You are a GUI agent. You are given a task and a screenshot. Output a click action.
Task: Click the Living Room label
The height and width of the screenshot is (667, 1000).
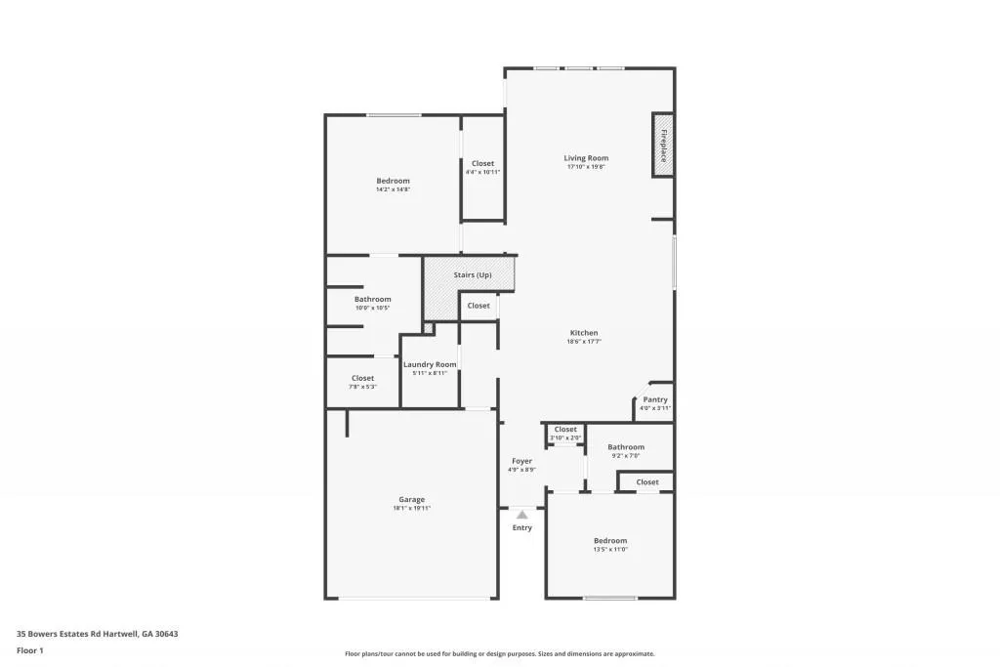click(586, 158)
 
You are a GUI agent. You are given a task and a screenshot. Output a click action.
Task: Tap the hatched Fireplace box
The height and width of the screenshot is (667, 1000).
click(663, 146)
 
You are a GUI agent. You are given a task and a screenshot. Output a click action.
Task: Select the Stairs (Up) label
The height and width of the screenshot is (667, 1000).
click(472, 275)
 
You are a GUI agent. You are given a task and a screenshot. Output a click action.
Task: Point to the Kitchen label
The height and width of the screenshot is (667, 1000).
click(584, 333)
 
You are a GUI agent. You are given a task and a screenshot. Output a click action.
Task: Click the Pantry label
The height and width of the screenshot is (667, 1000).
click(655, 399)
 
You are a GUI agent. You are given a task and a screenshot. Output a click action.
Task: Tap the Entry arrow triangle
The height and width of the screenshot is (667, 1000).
click(522, 514)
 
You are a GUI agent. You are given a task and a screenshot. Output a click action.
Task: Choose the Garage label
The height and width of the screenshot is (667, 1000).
click(411, 500)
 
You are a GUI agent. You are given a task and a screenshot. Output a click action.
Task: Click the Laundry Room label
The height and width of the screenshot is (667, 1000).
click(430, 364)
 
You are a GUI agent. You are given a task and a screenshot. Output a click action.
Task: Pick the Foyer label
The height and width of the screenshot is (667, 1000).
click(521, 461)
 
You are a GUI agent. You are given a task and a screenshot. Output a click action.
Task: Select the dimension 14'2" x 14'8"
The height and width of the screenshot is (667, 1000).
click(393, 189)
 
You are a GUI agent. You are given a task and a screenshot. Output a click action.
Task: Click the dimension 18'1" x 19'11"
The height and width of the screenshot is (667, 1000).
click(411, 509)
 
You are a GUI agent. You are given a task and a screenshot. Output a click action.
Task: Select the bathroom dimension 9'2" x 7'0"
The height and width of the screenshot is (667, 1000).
click(626, 456)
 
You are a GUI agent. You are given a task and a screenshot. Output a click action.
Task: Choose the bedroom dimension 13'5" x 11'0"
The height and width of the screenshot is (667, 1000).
click(610, 550)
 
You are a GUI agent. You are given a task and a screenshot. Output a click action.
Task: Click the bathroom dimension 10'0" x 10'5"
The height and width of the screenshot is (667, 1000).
click(372, 309)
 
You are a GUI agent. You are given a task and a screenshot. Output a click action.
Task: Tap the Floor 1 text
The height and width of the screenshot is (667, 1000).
click(30, 649)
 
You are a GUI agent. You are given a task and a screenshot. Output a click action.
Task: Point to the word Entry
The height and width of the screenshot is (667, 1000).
click(522, 528)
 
